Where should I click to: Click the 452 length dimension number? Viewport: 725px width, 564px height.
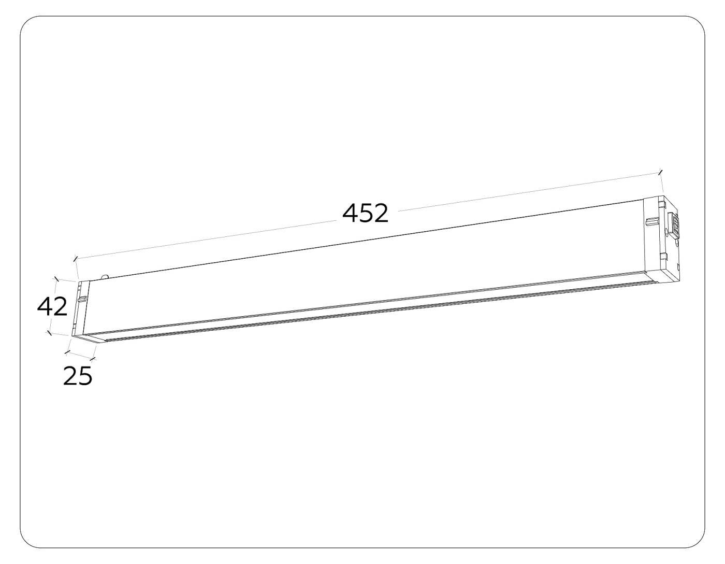[x=365, y=213]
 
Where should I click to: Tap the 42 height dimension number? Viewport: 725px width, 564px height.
[x=52, y=307]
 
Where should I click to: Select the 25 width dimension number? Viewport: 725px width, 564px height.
[x=78, y=376]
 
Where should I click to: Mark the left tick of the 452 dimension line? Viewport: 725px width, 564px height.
[x=76, y=258]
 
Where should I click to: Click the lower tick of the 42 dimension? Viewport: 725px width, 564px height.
[x=49, y=332]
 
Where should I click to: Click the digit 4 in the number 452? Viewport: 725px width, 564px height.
[x=351, y=213]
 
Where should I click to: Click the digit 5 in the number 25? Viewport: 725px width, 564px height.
[x=85, y=376]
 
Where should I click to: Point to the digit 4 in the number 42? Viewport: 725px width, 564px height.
[x=45, y=307]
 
